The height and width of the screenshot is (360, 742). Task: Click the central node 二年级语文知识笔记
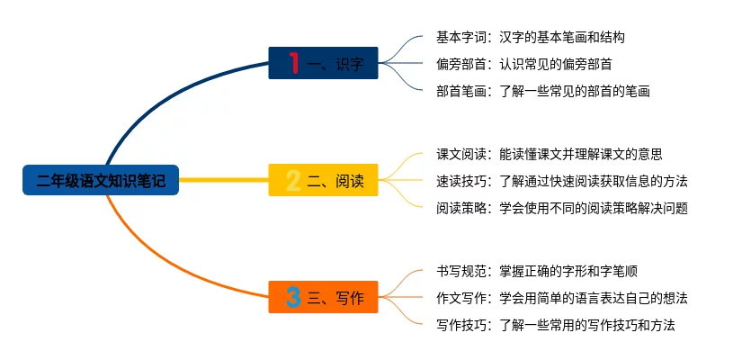click(101, 180)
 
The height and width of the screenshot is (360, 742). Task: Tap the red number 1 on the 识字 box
click(293, 62)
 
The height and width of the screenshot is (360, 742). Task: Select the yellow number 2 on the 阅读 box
click(293, 180)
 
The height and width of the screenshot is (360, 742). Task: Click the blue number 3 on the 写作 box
click(293, 297)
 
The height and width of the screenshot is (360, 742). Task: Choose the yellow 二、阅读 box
click(323, 180)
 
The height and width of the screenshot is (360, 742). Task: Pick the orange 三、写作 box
click(323, 297)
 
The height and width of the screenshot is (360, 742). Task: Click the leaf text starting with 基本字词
click(530, 38)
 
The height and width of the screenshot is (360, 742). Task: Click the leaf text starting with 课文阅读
click(549, 155)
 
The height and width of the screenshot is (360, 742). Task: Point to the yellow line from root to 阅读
click(225, 180)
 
